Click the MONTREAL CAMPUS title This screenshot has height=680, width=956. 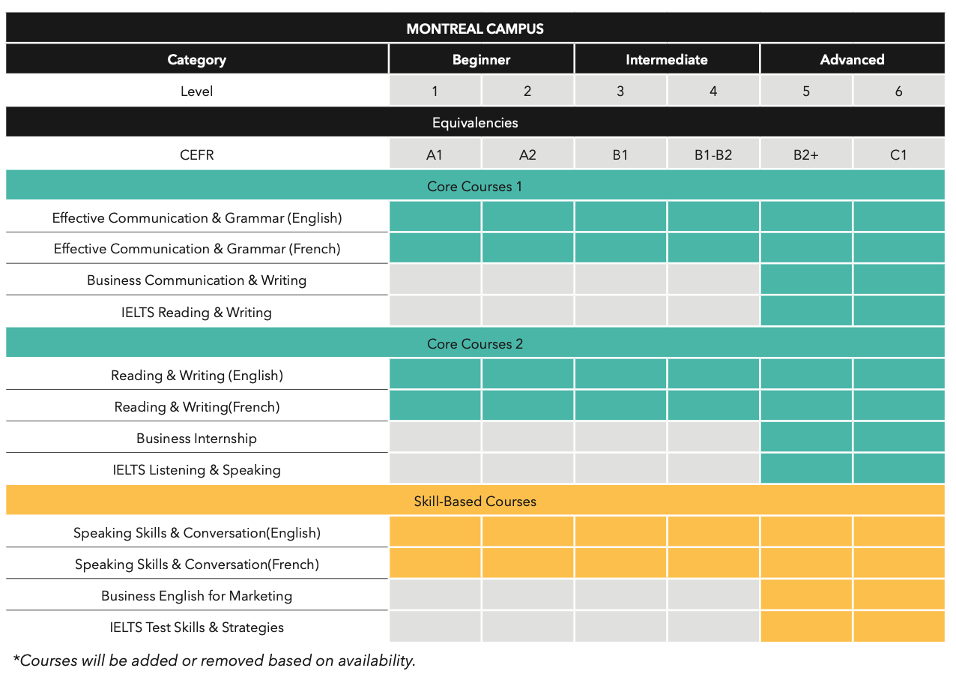point(475,28)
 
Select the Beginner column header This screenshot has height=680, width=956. point(481,59)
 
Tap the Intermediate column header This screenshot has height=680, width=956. point(666,59)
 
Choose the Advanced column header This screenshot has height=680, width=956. point(852,59)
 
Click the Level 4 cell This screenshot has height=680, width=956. point(713,91)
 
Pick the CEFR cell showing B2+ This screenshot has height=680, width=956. point(805,155)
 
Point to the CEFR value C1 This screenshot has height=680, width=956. point(898,155)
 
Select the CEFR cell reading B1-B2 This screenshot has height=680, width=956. point(713,155)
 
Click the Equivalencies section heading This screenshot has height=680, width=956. point(475,122)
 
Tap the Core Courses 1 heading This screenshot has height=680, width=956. point(475,186)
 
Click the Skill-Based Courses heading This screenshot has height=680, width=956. point(475,501)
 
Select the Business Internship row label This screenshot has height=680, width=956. point(196,439)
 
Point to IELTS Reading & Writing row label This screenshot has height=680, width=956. point(196,312)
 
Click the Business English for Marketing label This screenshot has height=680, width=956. point(196,596)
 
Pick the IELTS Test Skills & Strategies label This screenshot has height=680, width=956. point(196,628)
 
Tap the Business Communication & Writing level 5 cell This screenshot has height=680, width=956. point(805,280)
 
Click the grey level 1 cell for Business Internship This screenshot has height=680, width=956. point(435,438)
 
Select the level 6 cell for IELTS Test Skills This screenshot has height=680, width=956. point(898,627)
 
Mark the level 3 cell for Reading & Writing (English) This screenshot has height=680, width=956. point(620,374)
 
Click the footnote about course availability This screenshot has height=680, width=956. point(214,661)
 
